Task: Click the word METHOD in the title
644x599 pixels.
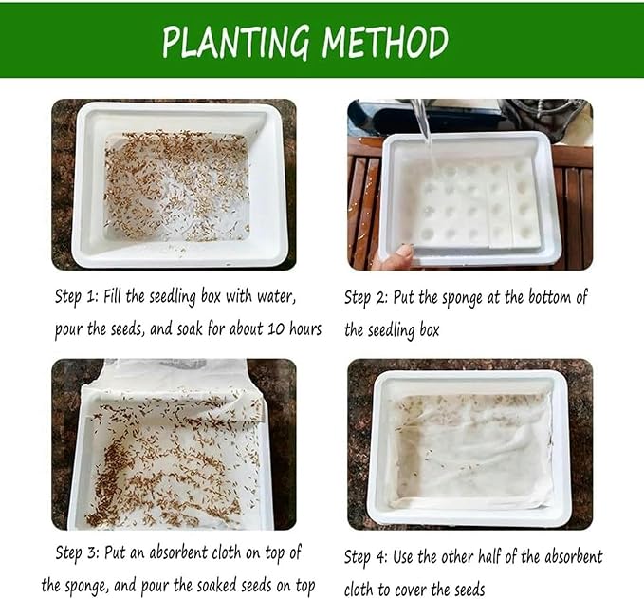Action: (x=385, y=42)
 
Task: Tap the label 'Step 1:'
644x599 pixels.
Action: (x=77, y=297)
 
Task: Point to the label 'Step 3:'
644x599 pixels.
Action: (x=77, y=553)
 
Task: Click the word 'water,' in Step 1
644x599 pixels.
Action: (x=276, y=297)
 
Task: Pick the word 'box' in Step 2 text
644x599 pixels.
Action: (x=430, y=329)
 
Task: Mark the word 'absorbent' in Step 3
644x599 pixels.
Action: (x=179, y=552)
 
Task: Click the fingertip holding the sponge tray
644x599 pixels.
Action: (x=404, y=252)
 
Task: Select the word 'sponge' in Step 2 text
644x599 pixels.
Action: (x=462, y=298)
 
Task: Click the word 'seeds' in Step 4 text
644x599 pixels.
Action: (x=469, y=590)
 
